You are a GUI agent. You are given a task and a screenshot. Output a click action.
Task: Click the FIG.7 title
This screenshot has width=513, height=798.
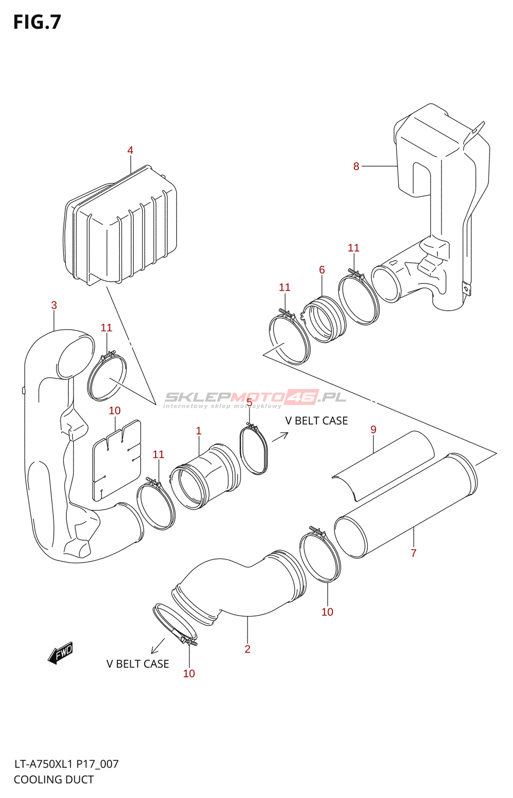click(x=37, y=22)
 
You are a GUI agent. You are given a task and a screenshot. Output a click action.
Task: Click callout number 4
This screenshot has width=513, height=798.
click(x=130, y=150)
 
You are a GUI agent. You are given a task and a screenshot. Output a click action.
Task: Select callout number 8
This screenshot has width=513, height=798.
click(x=356, y=167)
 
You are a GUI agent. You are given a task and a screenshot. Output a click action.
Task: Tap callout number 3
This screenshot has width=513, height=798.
click(x=54, y=305)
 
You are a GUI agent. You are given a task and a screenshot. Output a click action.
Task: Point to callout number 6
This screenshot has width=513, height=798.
click(x=322, y=270)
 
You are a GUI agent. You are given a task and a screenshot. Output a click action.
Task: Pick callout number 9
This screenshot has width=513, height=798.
click(x=373, y=429)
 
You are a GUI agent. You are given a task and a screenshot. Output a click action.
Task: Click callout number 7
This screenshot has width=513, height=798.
click(x=413, y=553)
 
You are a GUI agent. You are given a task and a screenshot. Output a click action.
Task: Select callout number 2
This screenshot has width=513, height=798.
click(x=248, y=649)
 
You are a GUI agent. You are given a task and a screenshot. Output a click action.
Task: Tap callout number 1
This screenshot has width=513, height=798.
click(x=199, y=431)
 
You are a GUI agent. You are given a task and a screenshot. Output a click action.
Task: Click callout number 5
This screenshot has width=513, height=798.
click(x=249, y=403)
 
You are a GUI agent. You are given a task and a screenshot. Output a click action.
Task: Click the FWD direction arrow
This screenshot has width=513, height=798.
click(x=60, y=653)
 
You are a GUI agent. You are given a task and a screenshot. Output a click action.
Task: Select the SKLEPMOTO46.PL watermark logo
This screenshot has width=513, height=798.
click(x=255, y=399)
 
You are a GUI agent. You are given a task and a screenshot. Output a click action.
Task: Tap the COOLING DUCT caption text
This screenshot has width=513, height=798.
click(x=54, y=780)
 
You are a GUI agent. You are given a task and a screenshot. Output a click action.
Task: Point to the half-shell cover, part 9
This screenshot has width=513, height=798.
click(x=383, y=466)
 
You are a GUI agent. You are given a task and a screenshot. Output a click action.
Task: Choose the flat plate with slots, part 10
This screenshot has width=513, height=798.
click(x=117, y=460)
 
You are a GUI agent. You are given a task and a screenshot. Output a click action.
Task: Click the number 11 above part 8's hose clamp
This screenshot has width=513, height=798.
click(x=353, y=248)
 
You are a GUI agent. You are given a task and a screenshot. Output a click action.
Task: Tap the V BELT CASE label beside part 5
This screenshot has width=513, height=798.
click(x=316, y=421)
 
